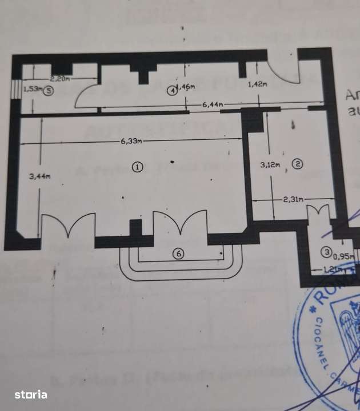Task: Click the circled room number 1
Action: tap(137, 167)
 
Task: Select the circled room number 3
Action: tap(326, 252)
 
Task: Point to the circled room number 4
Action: tap(173, 91)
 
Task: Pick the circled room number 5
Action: tap(49, 90)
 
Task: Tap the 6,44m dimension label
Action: tap(213, 104)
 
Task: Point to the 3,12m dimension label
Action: tap(270, 165)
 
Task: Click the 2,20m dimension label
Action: tap(59, 78)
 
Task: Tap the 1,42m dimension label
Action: tap(258, 84)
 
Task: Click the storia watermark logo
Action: tap(31, 394)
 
